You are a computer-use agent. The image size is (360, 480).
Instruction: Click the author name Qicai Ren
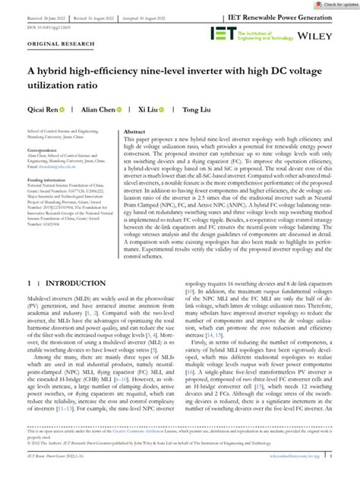click(43, 109)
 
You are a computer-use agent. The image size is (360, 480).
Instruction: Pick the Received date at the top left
click(48, 16)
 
